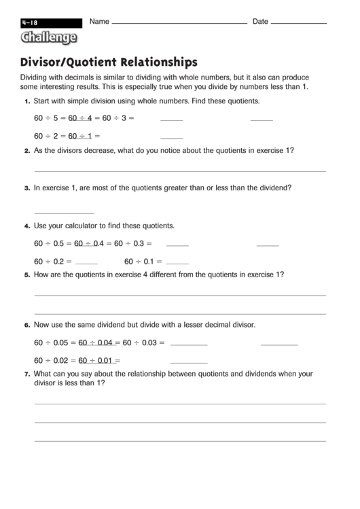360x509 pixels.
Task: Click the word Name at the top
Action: [x=99, y=22]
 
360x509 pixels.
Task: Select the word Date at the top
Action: [x=261, y=22]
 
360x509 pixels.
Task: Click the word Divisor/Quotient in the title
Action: [x=64, y=62]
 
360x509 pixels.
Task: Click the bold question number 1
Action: [x=26, y=101]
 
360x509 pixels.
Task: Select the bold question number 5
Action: [x=26, y=275]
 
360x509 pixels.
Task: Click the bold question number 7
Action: [x=26, y=374]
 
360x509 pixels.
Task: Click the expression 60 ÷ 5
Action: [x=47, y=118]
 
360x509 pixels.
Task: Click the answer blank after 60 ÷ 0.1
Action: [x=177, y=262]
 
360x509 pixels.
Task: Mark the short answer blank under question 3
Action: [x=64, y=213]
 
